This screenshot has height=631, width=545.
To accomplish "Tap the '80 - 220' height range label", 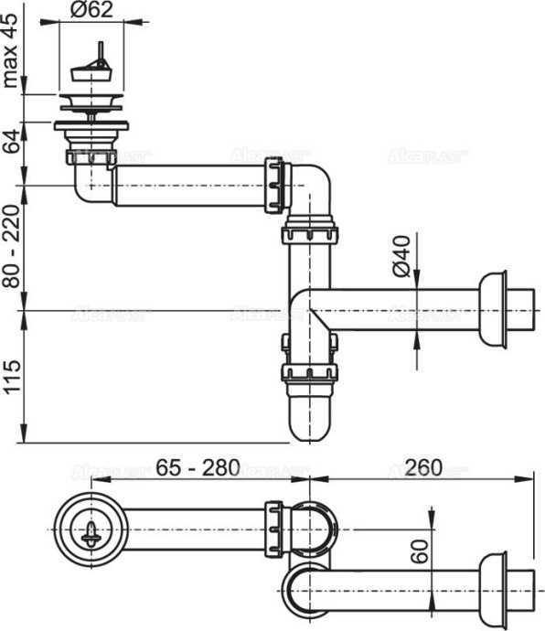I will [12, 246].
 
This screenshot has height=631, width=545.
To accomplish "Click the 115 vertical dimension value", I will [12, 375].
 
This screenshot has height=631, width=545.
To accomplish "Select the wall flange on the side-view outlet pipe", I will [493, 310].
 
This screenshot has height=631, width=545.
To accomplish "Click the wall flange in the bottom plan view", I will [493, 584].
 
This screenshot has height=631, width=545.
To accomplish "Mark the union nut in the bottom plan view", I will [275, 530].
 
